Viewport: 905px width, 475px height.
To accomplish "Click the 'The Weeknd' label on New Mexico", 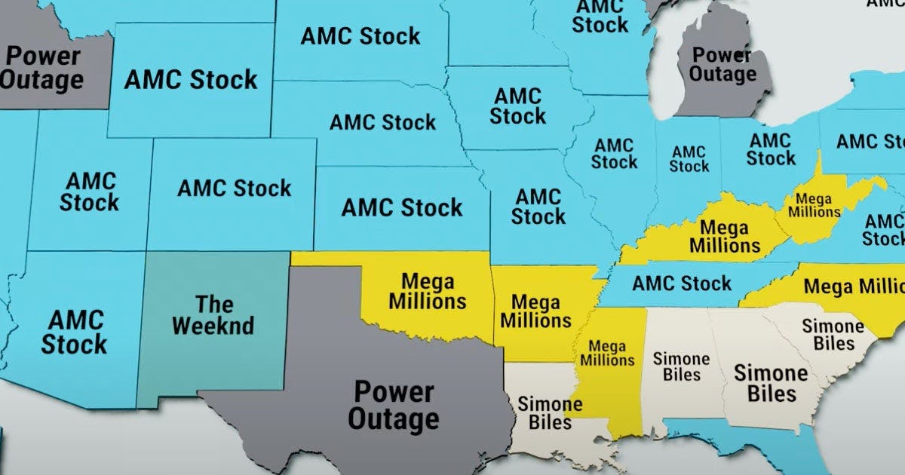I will [x=213, y=315].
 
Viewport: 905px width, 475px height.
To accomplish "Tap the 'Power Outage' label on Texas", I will [x=394, y=405].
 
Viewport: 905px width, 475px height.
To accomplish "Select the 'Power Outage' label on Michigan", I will [x=722, y=65].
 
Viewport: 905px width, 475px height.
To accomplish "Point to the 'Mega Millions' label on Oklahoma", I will [x=428, y=292].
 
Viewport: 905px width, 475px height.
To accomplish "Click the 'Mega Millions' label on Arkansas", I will [x=536, y=311].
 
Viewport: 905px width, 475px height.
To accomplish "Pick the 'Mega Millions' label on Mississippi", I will [x=607, y=353].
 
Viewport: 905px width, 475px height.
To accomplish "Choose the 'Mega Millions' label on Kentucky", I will [x=724, y=236].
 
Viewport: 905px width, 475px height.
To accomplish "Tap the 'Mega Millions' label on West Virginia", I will [x=814, y=205].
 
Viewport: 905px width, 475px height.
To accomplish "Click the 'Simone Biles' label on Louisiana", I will [x=550, y=413].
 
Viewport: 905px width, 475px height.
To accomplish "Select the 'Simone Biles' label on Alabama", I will [x=681, y=367].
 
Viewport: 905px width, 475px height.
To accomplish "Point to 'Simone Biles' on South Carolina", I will [x=833, y=335].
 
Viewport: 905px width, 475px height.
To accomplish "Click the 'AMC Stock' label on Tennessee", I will [x=682, y=283].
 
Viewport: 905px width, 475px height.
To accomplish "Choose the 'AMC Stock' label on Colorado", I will [x=235, y=188].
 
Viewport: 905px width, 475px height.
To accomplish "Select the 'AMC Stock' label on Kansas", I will [x=402, y=207].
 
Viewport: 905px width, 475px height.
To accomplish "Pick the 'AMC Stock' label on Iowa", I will [x=518, y=106].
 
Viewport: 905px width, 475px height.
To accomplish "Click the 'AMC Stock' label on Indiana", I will [x=689, y=159].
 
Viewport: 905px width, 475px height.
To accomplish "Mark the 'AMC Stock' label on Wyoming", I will [x=191, y=80].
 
